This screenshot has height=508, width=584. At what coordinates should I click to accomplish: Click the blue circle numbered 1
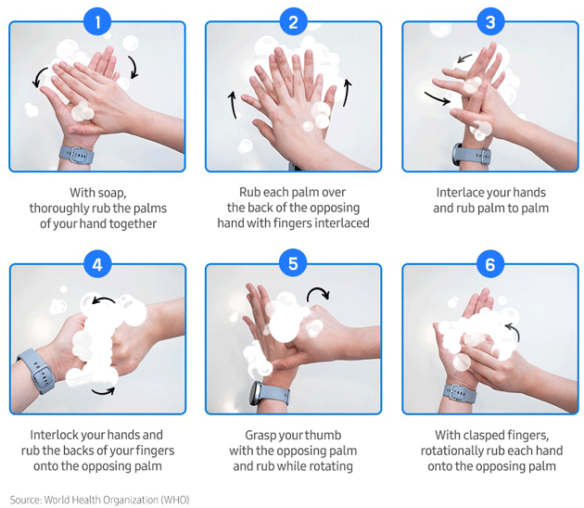(x=97, y=21)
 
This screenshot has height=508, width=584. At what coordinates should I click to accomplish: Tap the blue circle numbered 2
(x=293, y=21)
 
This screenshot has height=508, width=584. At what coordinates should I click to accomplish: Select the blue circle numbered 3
(x=490, y=21)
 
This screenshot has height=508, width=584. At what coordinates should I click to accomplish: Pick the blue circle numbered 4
(x=97, y=264)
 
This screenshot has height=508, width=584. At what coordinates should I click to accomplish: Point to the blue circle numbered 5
(x=293, y=263)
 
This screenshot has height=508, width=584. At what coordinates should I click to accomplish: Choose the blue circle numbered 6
(x=490, y=264)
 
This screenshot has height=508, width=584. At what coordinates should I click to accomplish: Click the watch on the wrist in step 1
(x=76, y=155)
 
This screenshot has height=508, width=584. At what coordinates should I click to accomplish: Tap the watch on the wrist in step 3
(x=471, y=155)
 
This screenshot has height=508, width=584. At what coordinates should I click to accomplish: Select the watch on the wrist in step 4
(x=36, y=371)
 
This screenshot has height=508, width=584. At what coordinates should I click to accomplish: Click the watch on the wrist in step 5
(x=270, y=394)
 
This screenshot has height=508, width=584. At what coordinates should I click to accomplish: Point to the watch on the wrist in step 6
(x=460, y=394)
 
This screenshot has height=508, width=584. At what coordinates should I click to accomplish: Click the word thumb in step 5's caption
(x=325, y=435)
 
